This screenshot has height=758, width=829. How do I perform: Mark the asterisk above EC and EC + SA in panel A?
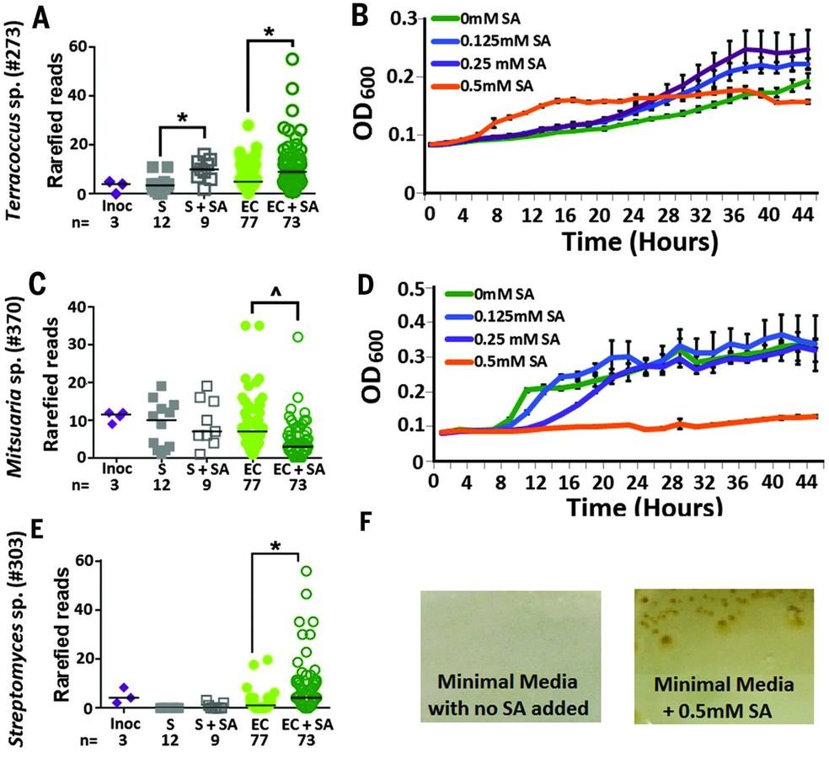[269, 32]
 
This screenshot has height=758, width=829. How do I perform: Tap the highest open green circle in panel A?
[292, 59]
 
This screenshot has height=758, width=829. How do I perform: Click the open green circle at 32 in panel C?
[297, 337]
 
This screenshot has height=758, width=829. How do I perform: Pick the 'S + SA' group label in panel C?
[203, 465]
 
